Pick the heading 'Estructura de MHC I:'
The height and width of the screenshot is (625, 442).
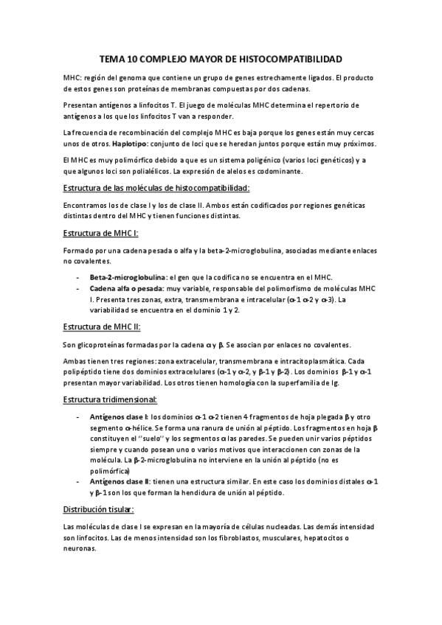pos(101,233)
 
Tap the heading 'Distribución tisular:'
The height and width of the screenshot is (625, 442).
pos(98,509)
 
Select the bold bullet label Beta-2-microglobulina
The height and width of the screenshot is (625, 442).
pos(128,275)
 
